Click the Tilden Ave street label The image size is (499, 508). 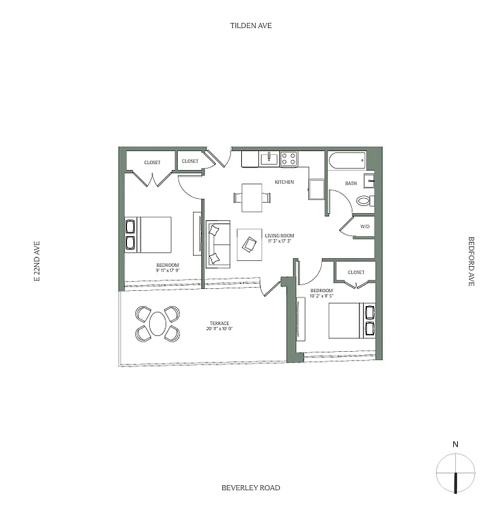[251, 26]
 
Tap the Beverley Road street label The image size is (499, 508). [251, 488]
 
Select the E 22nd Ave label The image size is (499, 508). [37, 261]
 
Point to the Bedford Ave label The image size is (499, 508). [471, 261]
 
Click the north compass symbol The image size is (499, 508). [456, 473]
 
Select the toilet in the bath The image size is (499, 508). [364, 201]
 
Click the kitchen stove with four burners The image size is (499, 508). [289, 159]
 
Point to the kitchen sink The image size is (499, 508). [269, 158]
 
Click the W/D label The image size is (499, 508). [364, 226]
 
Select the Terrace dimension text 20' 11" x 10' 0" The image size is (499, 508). [220, 329]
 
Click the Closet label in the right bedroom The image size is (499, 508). [356, 272]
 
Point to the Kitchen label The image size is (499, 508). [284, 182]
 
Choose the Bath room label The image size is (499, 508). [350, 184]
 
